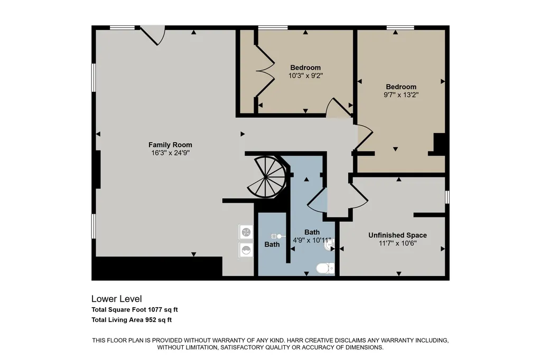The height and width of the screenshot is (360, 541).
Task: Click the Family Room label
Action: point(170,145)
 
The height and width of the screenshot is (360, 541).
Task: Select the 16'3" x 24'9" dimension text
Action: point(170,153)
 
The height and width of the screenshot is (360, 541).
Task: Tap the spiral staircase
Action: point(267,177)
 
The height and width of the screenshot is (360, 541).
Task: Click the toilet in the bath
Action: point(325,268)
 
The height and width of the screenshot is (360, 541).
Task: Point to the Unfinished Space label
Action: point(397,235)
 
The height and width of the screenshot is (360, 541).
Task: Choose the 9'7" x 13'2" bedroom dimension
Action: point(401,95)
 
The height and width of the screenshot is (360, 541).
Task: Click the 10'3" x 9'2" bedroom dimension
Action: point(305,75)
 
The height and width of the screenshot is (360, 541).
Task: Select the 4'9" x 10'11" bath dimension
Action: point(312,240)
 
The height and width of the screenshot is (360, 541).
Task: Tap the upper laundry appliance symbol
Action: point(246,232)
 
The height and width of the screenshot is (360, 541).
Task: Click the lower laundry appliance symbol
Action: point(246,249)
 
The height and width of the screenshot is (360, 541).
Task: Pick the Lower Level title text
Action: point(117,299)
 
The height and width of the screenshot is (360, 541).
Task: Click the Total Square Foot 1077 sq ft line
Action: point(135,310)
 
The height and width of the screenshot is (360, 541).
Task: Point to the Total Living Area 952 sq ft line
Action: point(132,320)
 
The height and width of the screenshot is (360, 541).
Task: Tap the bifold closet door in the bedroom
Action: point(265,71)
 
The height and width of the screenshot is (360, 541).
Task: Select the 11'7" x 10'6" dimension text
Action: point(397,243)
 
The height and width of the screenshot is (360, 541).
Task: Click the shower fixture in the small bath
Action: point(278,236)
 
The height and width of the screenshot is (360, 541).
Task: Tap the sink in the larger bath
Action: point(330,245)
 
